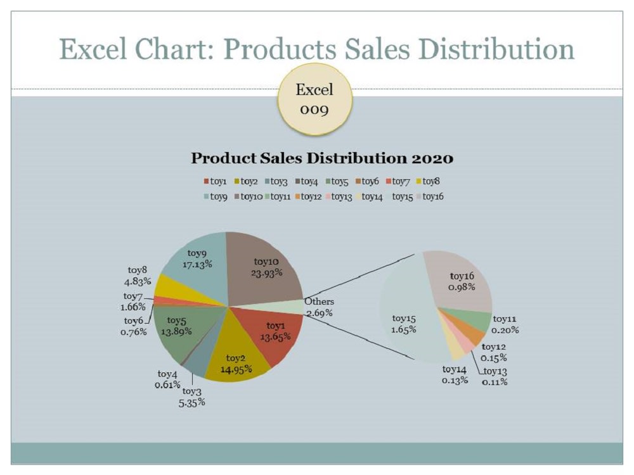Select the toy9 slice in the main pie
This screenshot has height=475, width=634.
click(198, 267)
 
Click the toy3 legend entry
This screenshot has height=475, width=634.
click(276, 181)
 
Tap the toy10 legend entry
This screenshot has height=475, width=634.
click(249, 197)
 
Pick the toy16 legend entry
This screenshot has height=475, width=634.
click(432, 197)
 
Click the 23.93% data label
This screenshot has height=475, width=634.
click(266, 273)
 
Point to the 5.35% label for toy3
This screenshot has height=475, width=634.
click(191, 402)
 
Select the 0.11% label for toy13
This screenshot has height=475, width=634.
click(495, 382)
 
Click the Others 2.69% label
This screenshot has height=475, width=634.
click(319, 307)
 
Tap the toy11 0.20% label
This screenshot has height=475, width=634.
click(505, 324)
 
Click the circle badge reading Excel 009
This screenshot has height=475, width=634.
click(314, 99)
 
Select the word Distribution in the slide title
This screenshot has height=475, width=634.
click(496, 49)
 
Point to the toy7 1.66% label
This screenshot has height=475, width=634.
click(133, 301)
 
